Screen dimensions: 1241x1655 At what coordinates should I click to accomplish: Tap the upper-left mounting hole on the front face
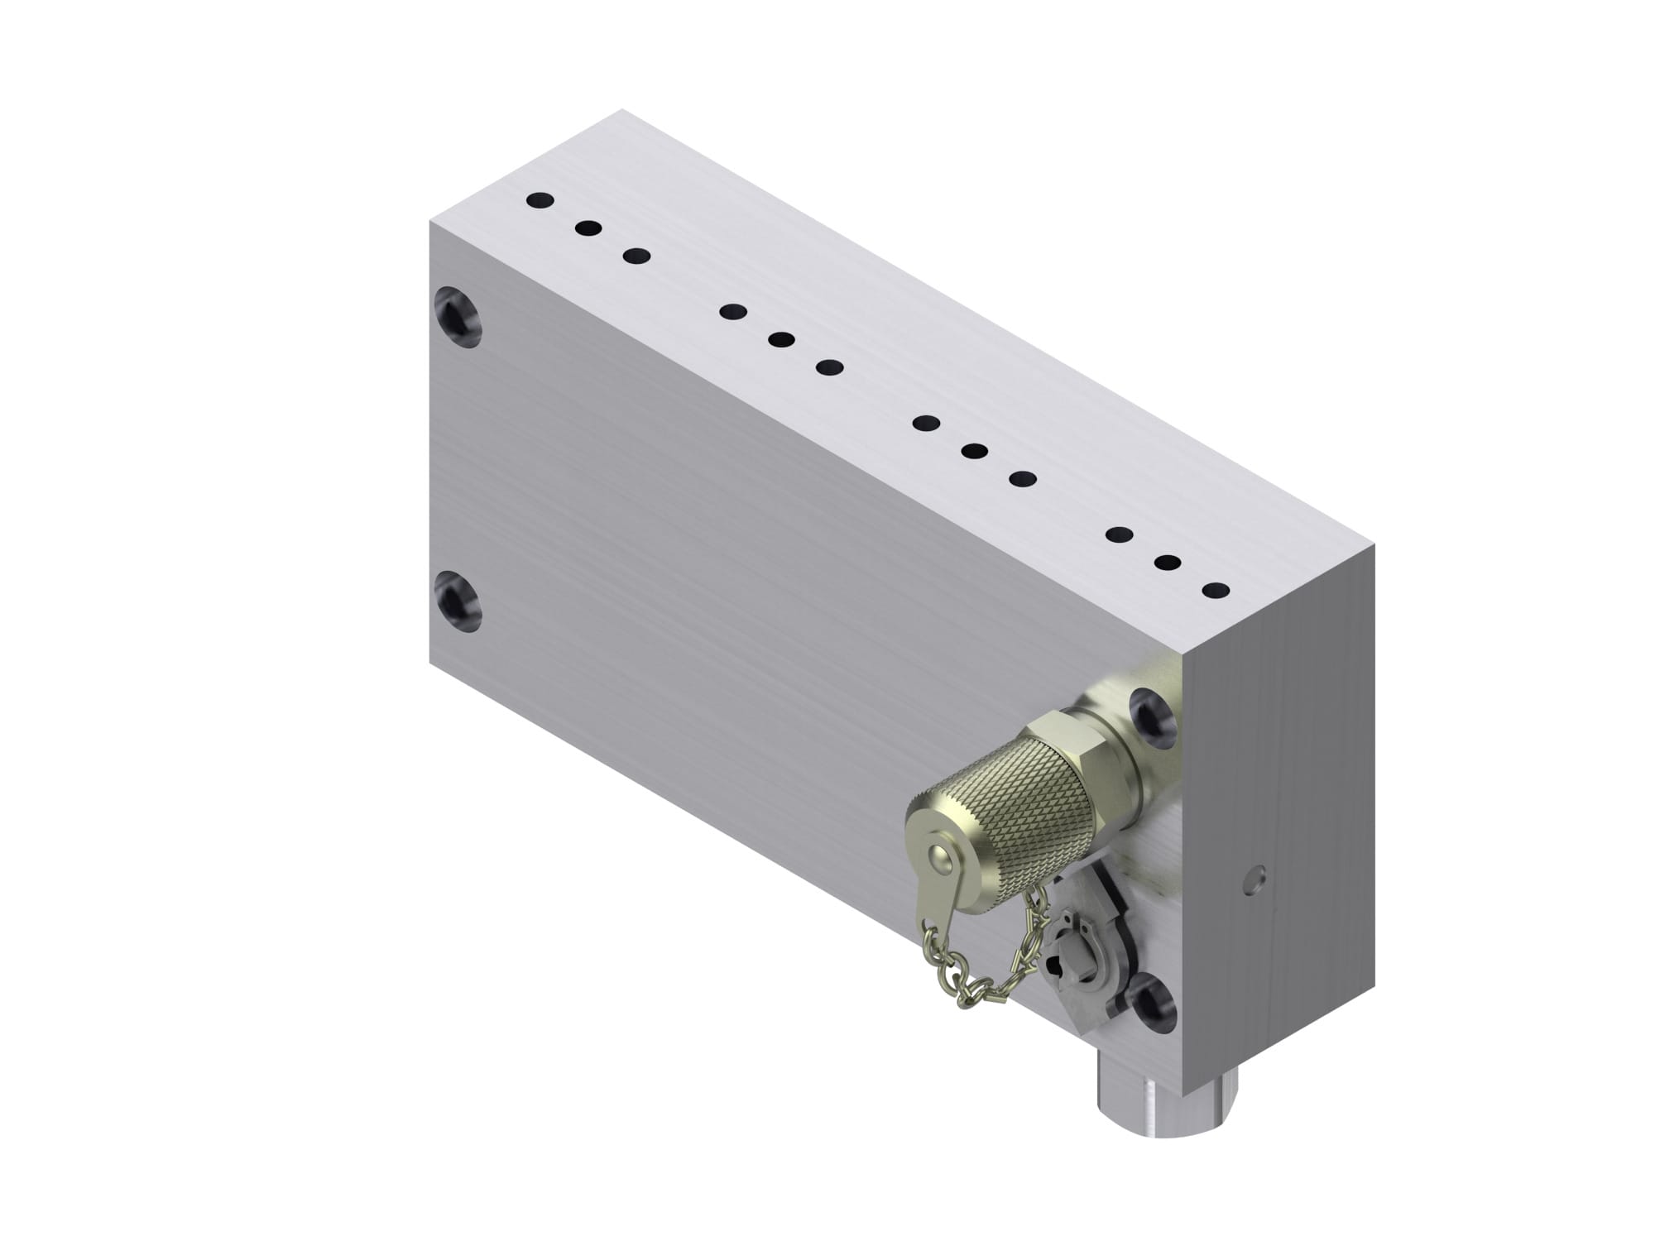click(x=457, y=316)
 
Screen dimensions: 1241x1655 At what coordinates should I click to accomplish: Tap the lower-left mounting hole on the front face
click(x=457, y=600)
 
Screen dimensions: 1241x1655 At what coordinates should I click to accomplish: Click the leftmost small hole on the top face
click(x=540, y=200)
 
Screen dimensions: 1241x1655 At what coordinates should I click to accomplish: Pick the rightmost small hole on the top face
click(x=1216, y=591)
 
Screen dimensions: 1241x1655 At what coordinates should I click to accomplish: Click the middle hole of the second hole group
click(x=781, y=339)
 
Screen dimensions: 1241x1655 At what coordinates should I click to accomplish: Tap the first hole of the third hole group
click(x=926, y=423)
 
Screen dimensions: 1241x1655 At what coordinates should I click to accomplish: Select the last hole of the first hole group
click(x=636, y=256)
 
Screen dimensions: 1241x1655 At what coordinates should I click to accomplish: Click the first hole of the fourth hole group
click(x=1120, y=535)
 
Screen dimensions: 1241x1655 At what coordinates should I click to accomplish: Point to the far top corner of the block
click(x=622, y=109)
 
